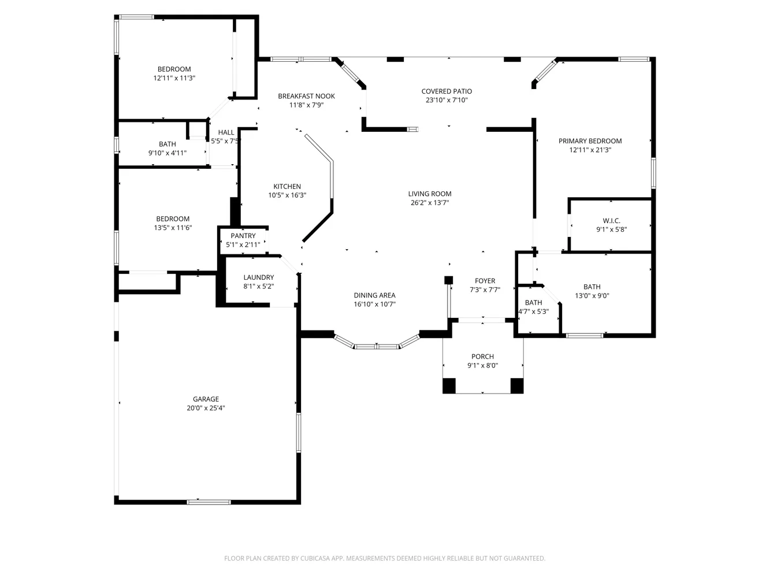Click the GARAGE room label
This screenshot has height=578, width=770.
point(206,399)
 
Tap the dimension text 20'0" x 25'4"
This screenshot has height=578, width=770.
point(206,408)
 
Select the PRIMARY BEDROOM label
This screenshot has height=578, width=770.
point(590,141)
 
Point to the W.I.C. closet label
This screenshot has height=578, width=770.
point(611,221)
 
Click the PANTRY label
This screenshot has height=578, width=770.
point(243,236)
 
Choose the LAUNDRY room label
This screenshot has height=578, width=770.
point(258,277)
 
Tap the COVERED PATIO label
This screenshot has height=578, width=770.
point(447,91)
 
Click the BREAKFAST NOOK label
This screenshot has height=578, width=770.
point(306,97)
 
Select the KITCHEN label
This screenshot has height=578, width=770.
point(287,187)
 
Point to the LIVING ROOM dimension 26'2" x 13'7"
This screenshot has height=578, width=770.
point(430,203)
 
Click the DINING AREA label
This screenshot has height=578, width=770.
point(374,295)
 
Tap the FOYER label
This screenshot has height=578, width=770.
point(485,281)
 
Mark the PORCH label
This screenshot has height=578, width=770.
point(482,357)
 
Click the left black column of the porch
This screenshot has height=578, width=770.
point(449,386)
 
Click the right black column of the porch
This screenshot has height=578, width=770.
point(517,386)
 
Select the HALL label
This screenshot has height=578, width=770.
point(226,132)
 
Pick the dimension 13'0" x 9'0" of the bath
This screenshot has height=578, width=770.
point(592,296)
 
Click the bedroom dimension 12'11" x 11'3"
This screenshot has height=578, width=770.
point(174,78)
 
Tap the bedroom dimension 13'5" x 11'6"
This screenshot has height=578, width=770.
point(173,228)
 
